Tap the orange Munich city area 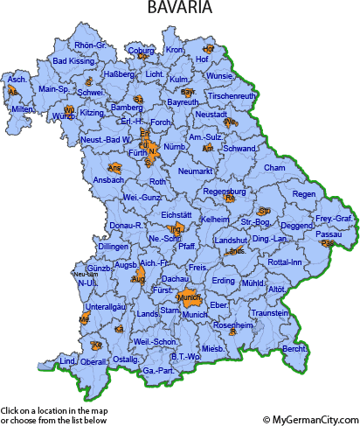tap(190, 298)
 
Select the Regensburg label tap(225, 190)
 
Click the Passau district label tap(329, 234)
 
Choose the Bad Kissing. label tap(74, 61)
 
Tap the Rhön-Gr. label tap(90, 45)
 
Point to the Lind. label tap(67, 360)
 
